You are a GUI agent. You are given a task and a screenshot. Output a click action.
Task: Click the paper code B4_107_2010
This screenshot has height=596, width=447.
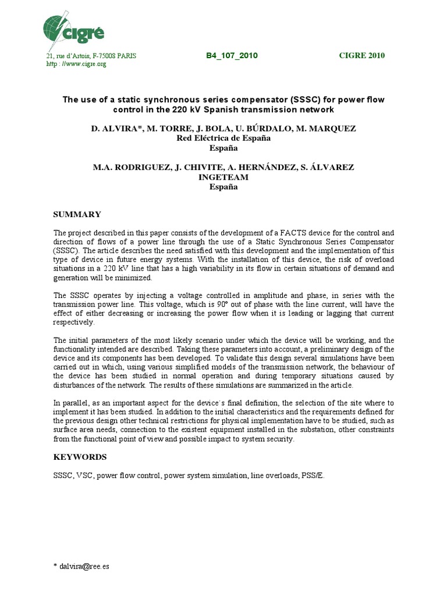232,56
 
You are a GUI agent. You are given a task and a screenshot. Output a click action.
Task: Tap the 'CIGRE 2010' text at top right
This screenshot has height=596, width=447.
361,56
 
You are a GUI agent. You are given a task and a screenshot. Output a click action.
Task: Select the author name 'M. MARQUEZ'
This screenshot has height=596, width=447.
333,127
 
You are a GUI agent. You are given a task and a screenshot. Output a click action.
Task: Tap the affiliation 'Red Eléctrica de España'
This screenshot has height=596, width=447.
223,139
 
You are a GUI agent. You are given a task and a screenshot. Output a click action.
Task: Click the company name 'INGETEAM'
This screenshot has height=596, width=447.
223,177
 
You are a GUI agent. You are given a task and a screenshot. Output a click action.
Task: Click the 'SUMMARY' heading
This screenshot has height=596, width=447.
77,215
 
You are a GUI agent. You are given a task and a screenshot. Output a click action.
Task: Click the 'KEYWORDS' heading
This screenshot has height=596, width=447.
80,457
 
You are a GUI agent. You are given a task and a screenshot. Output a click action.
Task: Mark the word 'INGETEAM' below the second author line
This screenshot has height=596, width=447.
223,177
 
